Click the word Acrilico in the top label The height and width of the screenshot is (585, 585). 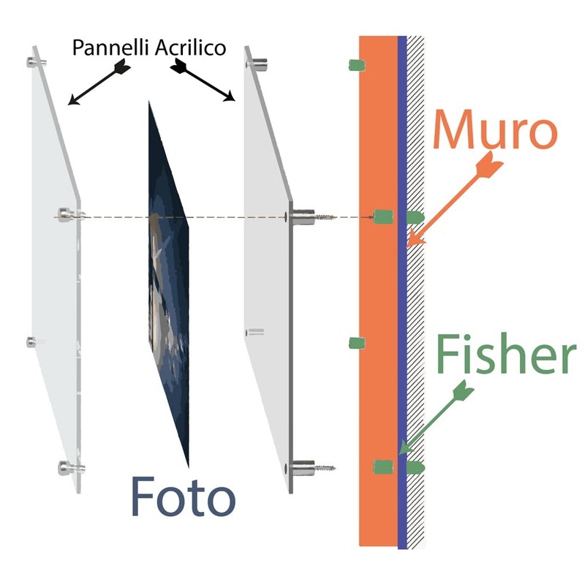click(191, 49)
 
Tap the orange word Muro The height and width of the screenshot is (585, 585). click(494, 131)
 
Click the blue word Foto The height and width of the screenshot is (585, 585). click(183, 497)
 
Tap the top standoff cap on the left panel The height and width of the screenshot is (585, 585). click(35, 61)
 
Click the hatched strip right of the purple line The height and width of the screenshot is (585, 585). click(415, 292)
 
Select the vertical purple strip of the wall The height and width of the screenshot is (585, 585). click(401, 292)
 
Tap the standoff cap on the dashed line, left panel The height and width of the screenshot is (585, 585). click(69, 216)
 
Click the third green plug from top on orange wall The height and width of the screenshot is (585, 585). click(357, 343)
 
